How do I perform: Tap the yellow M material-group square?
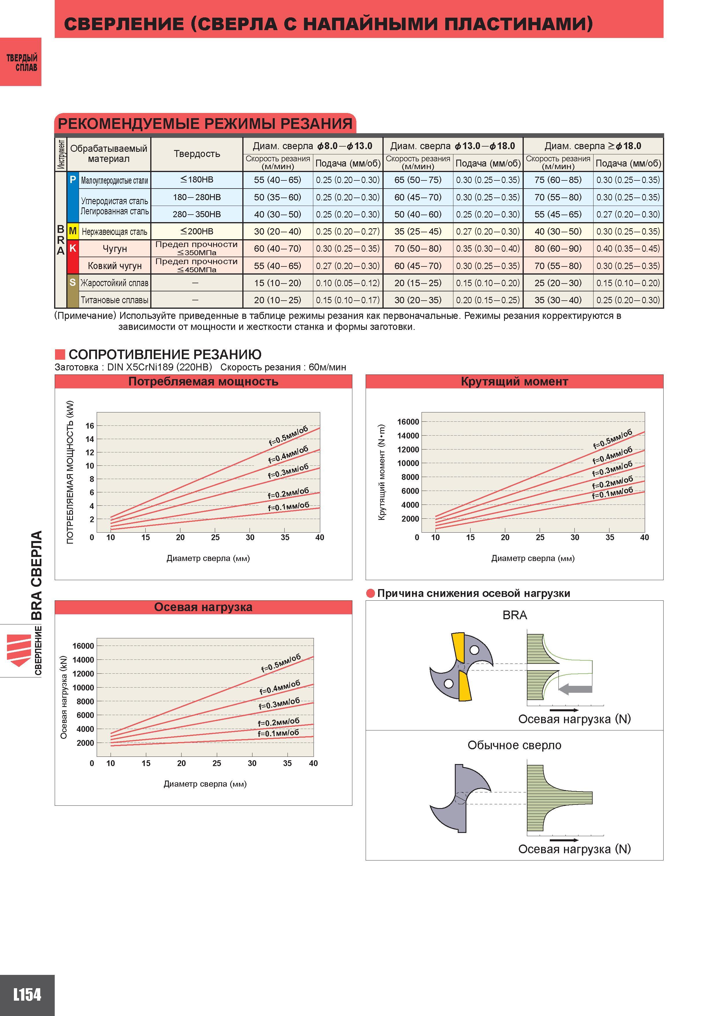[73, 231]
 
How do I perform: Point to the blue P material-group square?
[73, 197]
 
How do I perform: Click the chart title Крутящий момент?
[514, 381]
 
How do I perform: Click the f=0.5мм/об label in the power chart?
[288, 435]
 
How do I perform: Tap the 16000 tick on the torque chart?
[408, 422]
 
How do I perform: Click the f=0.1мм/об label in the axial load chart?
[278, 733]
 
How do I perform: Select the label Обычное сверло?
[514, 745]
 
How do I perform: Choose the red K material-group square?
[73, 257]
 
